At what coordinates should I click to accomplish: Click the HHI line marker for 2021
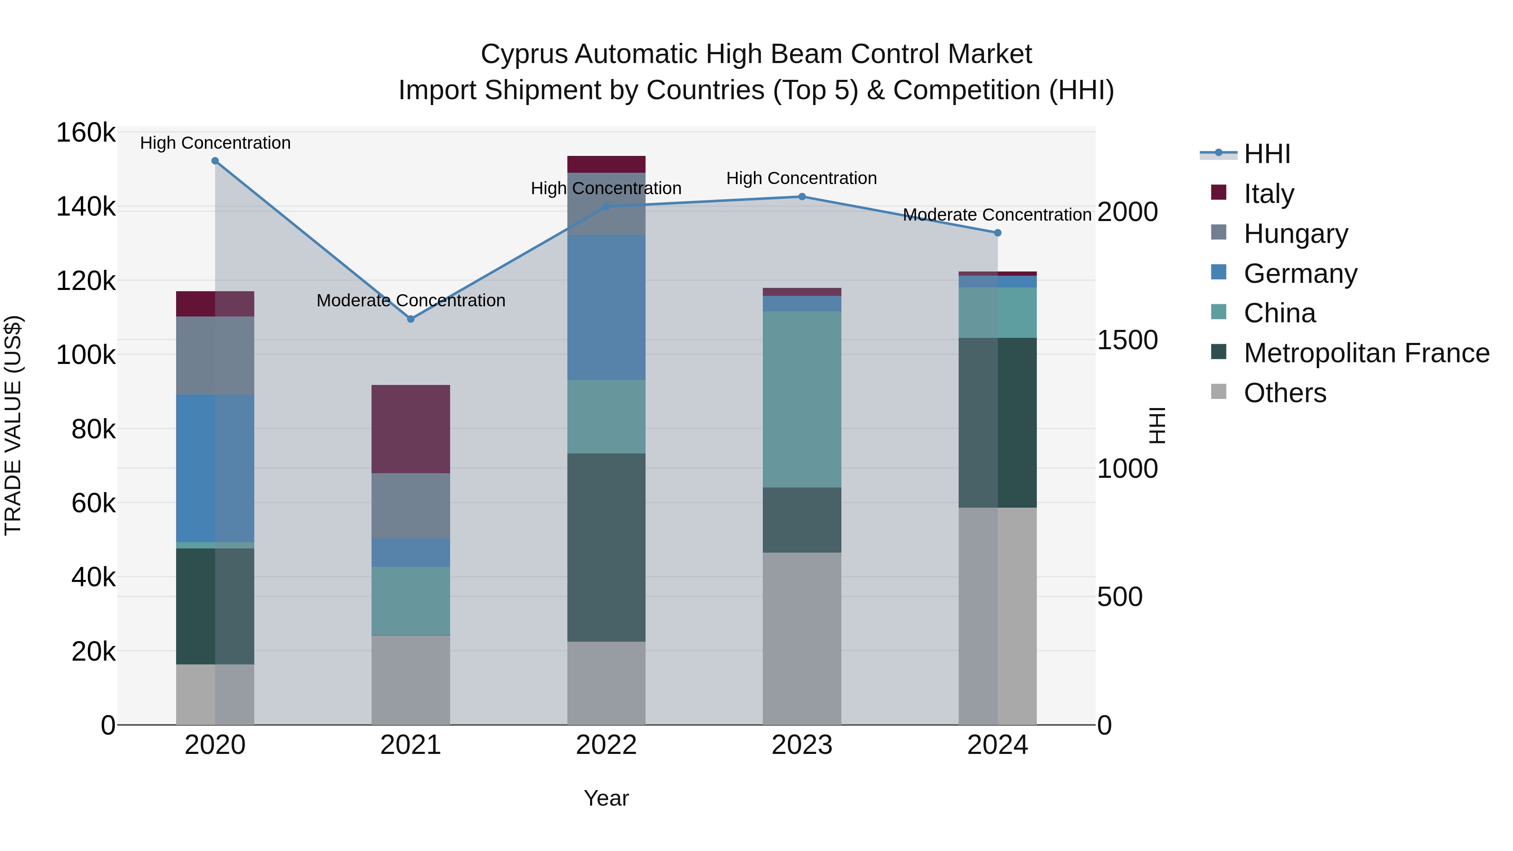click(x=411, y=319)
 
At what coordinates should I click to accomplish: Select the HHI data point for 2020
click(x=215, y=161)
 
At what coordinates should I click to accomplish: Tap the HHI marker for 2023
click(x=802, y=197)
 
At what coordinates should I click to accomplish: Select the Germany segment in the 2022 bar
click(x=606, y=307)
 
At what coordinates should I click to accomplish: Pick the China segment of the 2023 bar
click(x=802, y=399)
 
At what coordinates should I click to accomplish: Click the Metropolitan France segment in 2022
click(x=606, y=547)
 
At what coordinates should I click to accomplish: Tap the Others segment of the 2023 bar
click(x=802, y=638)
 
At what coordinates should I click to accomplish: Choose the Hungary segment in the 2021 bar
click(x=411, y=506)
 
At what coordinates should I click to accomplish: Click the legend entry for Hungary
click(x=1295, y=234)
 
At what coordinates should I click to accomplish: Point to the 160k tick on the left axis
click(x=86, y=133)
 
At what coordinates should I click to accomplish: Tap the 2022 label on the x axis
click(x=606, y=745)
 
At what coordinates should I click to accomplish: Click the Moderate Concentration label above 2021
click(x=411, y=301)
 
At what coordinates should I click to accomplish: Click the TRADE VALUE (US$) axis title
click(x=13, y=425)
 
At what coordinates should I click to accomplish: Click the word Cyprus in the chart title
click(x=524, y=54)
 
